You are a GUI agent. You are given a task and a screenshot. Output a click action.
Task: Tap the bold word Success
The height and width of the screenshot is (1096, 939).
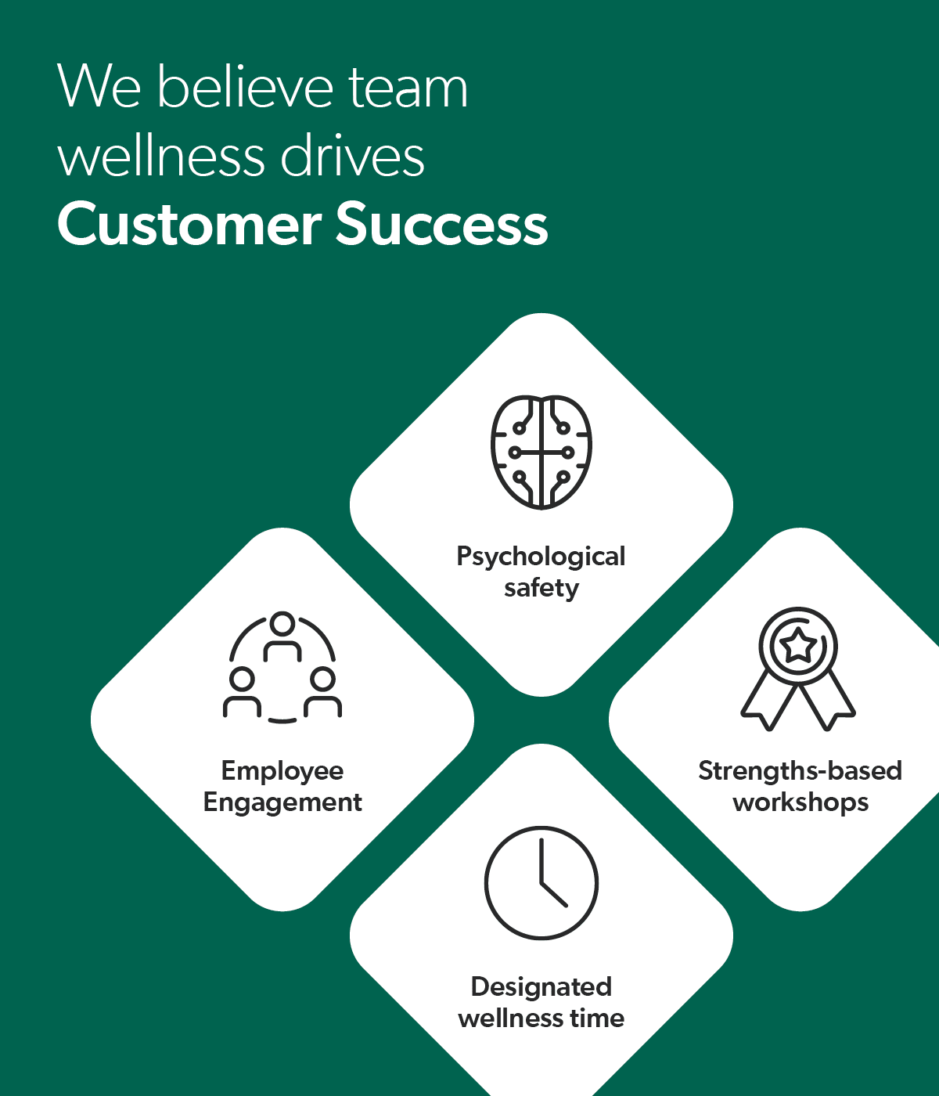tap(442, 225)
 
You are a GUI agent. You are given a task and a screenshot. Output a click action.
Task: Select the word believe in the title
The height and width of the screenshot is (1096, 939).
tap(246, 86)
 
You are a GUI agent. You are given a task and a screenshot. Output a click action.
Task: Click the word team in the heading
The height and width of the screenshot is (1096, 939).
tap(408, 88)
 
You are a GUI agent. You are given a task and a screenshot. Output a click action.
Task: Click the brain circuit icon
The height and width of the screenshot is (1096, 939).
tap(541, 452)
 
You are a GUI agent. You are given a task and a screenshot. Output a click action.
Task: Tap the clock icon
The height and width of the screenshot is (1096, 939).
tap(541, 883)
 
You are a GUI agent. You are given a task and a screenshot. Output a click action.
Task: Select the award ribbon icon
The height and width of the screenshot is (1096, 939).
tap(798, 669)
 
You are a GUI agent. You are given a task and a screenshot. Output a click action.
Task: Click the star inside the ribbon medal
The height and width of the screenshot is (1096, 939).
tap(798, 647)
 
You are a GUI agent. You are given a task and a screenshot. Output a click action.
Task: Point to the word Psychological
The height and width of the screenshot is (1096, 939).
tap(541, 557)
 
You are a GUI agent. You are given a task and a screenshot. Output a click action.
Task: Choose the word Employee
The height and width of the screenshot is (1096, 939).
tap(282, 771)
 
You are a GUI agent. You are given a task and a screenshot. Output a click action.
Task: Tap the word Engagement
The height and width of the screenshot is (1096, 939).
tap(282, 802)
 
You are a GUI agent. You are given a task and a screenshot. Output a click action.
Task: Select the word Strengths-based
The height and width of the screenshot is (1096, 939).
tap(800, 771)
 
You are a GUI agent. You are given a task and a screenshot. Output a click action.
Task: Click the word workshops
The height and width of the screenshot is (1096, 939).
tap(800, 802)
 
